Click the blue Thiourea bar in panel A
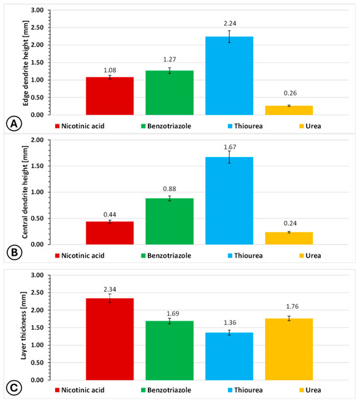click(229, 76)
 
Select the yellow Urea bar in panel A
click(289, 111)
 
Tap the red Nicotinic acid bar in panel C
click(110, 339)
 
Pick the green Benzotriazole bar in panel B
click(170, 221)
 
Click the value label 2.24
click(230, 24)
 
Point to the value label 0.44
click(110, 215)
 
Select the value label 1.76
click(293, 306)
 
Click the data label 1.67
click(230, 147)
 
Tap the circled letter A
click(14, 124)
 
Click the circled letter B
click(14, 253)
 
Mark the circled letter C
click(14, 388)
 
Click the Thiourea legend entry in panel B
click(245, 255)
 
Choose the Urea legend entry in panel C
click(310, 390)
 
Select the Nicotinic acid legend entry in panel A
click(80, 126)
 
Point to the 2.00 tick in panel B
click(37, 140)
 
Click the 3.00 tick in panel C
click(37, 275)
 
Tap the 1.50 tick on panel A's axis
click(37, 62)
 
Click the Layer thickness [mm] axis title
click(24, 326)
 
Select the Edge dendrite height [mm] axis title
click(26, 63)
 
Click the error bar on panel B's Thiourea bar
click(229, 157)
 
